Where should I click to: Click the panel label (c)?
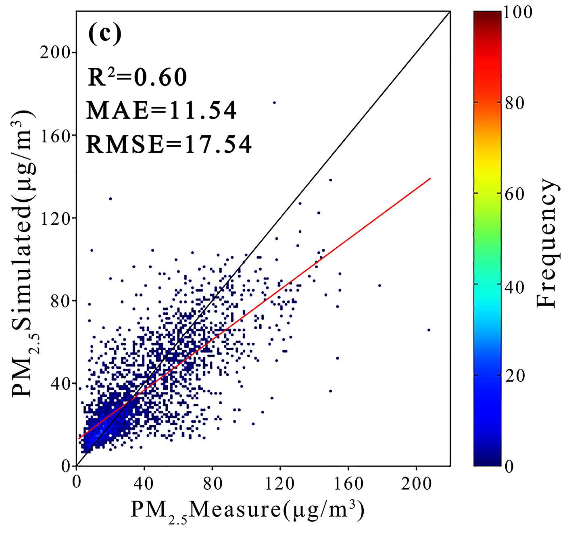coord(104,34)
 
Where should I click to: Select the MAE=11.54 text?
coord(161,111)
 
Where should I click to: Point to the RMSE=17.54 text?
coord(169,144)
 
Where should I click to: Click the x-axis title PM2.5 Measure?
coord(248,511)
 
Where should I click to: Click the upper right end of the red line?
coord(430,178)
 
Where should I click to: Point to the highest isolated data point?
coord(274,102)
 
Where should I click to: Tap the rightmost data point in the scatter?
coord(428,330)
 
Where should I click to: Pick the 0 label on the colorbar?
coord(509,466)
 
